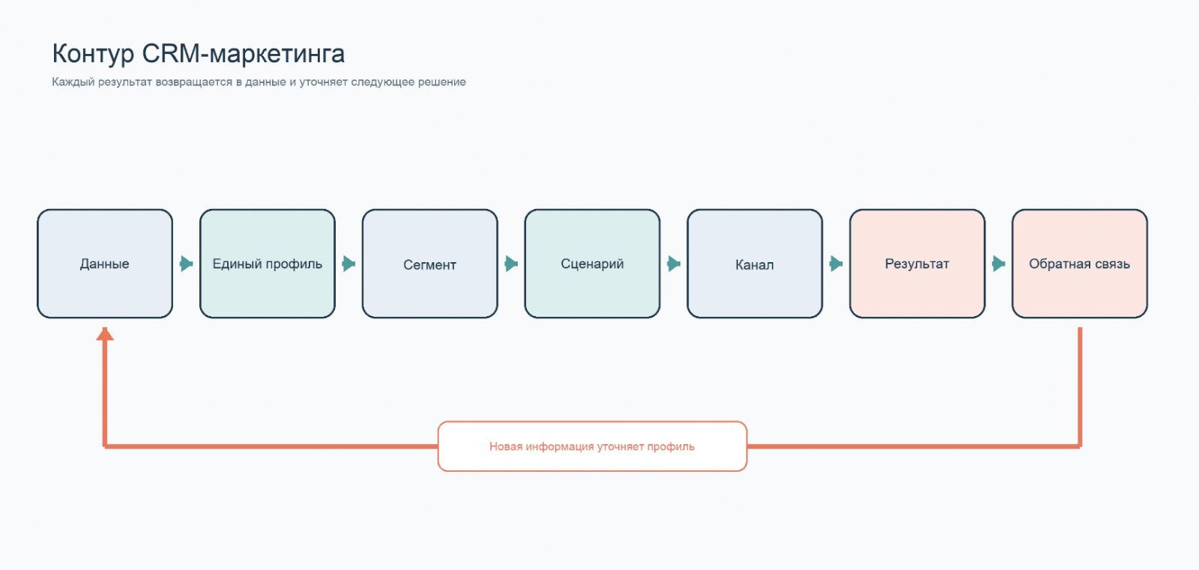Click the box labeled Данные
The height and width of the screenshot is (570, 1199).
point(105,264)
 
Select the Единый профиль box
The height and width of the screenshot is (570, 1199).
point(268,264)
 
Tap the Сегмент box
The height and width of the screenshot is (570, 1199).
point(430,264)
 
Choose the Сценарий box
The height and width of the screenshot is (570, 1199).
point(592,264)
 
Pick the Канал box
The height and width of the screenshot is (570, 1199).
point(755,264)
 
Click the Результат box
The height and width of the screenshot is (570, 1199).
point(917,264)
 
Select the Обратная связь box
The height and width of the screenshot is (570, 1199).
point(1080,264)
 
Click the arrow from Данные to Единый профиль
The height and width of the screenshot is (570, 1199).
point(187,264)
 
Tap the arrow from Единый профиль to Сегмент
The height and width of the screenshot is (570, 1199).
point(349,264)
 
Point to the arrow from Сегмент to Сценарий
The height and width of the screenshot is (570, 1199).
point(511,264)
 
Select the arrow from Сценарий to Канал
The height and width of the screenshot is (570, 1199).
point(674,264)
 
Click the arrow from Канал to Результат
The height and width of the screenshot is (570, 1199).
point(836,264)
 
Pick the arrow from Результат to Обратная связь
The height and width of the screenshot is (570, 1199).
point(999,264)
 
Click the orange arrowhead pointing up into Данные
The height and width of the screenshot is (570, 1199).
point(105,334)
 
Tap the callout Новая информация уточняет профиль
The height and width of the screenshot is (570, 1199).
point(592,446)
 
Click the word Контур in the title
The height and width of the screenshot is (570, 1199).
point(93,55)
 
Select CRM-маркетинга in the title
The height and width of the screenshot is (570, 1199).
point(244,53)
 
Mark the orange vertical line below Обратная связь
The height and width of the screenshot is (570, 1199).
point(1080,387)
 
